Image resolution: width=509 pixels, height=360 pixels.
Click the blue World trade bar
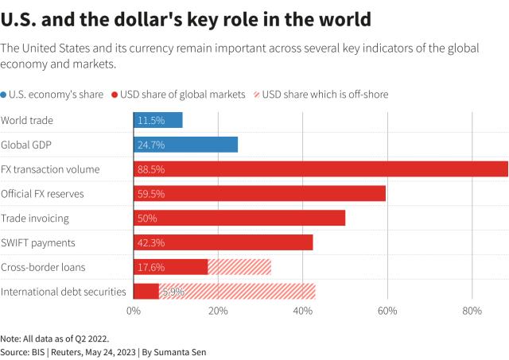157,120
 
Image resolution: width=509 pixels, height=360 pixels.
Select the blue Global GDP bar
185,145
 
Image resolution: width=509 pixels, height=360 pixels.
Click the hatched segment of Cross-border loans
239,267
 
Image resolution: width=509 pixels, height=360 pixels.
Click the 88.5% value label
151,168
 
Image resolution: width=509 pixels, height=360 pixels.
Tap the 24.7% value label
151,145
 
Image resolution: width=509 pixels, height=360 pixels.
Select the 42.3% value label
151,242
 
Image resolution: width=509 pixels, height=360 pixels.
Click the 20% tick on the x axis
218,311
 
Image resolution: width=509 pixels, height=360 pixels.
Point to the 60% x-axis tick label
387,311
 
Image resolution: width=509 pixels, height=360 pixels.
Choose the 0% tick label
134,311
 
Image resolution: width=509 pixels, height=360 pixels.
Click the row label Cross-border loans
43,267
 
